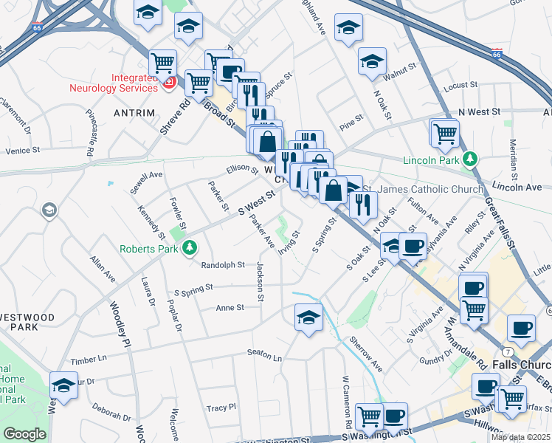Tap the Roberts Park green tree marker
coord(190,247)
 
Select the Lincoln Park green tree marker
coord(469,159)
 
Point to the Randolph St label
coord(223,265)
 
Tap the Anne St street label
coord(230,307)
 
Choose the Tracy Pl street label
coord(221,407)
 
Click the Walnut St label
coord(400,73)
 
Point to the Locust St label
coord(457,86)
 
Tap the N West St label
coord(479,111)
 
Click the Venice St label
coord(21,150)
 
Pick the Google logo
coord(24,434)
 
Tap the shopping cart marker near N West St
coord(445,134)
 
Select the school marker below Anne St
coord(308,319)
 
